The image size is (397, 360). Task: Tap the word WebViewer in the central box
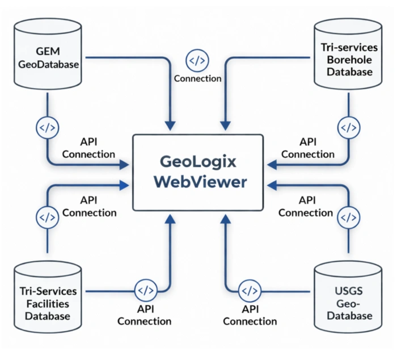pos(197,182)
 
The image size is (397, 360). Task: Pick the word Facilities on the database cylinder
pos(48,304)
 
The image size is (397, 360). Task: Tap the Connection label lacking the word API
pos(197,78)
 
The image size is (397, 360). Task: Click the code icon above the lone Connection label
pos(197,60)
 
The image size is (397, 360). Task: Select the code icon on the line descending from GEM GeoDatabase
pos(47,127)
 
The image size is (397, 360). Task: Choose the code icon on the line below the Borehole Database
pos(348,128)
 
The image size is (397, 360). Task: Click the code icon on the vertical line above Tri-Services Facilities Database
pos(47,217)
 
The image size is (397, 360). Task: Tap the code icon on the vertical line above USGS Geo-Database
pos(348,217)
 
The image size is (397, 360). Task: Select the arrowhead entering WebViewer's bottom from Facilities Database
pos(170,219)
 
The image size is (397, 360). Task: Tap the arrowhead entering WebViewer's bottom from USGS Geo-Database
pos(225,219)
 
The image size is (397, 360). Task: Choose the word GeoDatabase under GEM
pos(48,64)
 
